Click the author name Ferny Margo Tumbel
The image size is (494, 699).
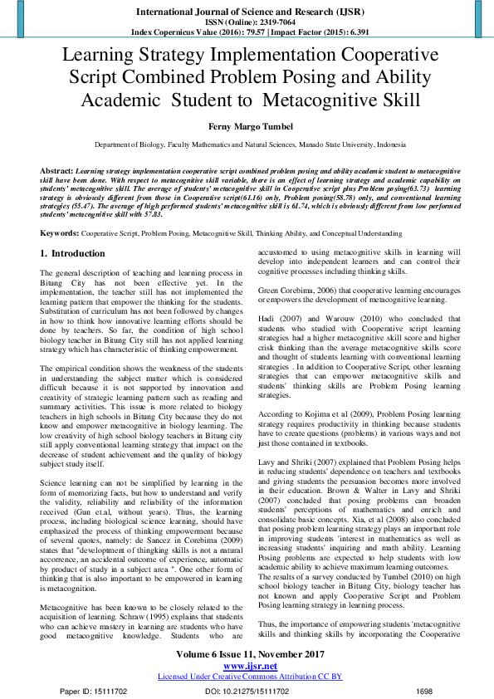click(x=247, y=125)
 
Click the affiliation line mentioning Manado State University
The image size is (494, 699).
click(x=250, y=144)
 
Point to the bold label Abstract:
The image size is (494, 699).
click(x=56, y=169)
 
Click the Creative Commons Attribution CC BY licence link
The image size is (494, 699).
click(x=250, y=677)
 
